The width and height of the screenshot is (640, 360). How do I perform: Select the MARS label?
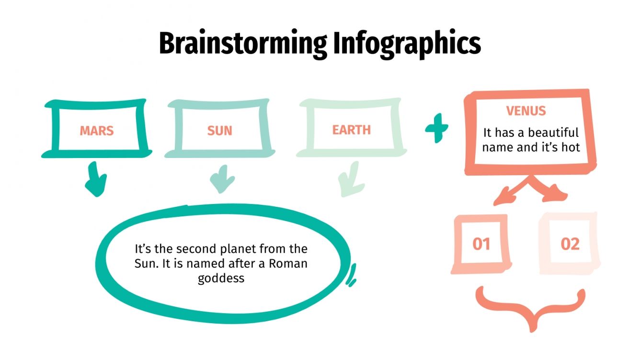[97, 131]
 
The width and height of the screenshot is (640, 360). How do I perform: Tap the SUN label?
[219, 131]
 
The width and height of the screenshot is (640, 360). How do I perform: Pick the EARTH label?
[352, 130]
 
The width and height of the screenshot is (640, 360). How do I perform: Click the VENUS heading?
[526, 112]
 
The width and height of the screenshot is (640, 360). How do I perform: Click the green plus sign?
[437, 128]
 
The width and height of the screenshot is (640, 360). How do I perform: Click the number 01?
[481, 244]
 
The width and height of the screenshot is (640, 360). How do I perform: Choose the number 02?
[570, 244]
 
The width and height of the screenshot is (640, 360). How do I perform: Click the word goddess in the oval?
[221, 278]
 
